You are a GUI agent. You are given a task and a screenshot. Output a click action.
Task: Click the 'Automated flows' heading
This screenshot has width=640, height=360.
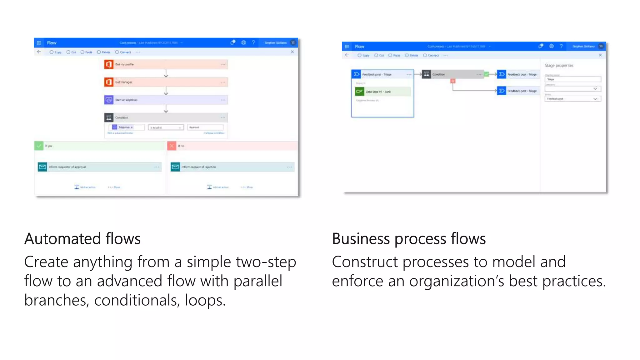point(82,239)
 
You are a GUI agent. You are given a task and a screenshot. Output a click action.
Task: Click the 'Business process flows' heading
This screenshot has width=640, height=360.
point(409,239)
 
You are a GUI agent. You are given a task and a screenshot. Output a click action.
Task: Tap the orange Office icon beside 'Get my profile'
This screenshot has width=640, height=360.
point(109,64)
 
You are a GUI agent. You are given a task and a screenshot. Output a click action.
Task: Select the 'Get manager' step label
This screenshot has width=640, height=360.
point(124,82)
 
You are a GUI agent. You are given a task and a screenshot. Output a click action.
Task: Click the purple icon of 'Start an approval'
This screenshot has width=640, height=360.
point(109,100)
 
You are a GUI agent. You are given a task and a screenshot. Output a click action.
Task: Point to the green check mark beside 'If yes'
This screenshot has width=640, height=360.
point(39,146)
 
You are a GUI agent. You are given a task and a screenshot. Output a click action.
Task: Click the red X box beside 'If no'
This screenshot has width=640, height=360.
point(172,146)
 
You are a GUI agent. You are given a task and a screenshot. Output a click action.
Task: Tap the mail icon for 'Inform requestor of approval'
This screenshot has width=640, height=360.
point(42,167)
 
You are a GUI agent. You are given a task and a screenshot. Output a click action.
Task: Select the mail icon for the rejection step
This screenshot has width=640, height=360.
point(175,167)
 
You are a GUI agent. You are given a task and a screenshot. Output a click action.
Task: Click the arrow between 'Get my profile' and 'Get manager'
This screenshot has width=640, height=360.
point(166,73)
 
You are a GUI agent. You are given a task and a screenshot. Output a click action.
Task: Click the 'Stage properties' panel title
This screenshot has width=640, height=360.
point(559,66)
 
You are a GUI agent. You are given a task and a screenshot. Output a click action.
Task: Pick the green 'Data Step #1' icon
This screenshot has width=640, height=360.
point(359,92)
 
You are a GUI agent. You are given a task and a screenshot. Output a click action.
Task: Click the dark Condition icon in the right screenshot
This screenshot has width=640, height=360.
point(426,74)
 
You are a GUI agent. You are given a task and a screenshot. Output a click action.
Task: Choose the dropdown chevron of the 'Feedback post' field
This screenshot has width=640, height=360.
point(595,99)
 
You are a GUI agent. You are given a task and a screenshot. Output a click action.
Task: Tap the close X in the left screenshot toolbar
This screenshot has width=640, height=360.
point(292,52)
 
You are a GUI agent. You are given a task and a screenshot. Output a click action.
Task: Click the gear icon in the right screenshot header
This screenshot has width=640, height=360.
point(552,46)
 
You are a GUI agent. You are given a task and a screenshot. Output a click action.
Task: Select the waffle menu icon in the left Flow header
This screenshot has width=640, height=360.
point(39,43)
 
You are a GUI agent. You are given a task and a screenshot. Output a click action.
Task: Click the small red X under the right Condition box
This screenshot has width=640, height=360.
point(453,81)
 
